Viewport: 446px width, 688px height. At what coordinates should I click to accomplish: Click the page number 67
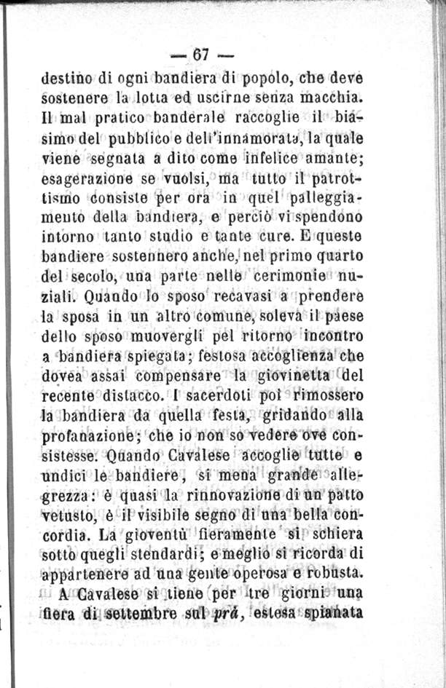[x=202, y=55]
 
